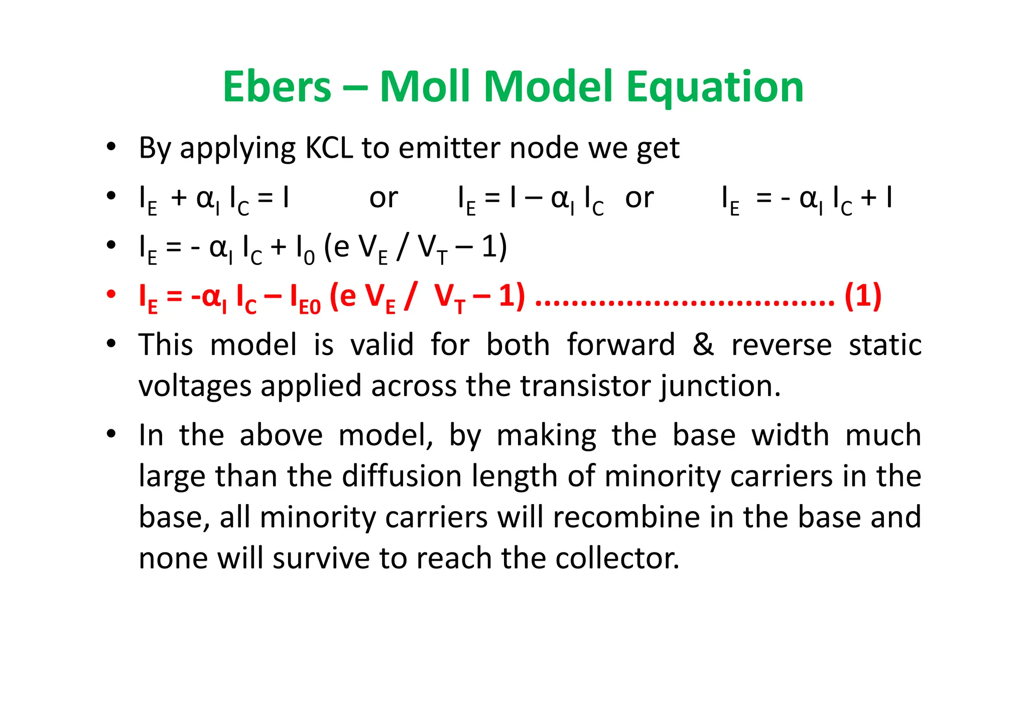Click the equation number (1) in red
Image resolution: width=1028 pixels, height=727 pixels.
tap(863, 296)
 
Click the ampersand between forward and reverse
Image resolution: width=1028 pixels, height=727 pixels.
tap(703, 345)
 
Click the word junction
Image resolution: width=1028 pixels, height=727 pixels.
tap(720, 387)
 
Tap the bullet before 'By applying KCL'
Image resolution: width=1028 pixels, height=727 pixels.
tap(111, 147)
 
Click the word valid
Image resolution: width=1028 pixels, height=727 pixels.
tap(382, 345)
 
